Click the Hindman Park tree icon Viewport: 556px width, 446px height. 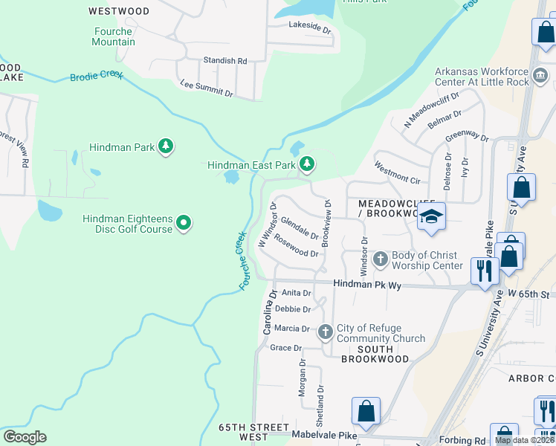pyautogui.click(x=166, y=146)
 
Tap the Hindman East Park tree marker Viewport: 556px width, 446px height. pyautogui.click(x=306, y=164)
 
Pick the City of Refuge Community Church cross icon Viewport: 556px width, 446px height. pyautogui.click(x=325, y=332)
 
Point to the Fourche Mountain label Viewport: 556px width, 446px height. pyautogui.click(x=114, y=36)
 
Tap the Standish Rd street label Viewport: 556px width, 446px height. pyautogui.click(x=225, y=60)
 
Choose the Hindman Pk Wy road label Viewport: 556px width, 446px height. pyautogui.click(x=366, y=284)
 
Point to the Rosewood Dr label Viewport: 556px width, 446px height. pyautogui.click(x=296, y=246)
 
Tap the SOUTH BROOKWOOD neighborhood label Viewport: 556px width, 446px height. pyautogui.click(x=375, y=354)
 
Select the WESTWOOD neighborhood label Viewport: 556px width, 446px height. pyautogui.click(x=118, y=11)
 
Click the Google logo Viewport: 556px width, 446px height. pyautogui.click(x=25, y=437)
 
